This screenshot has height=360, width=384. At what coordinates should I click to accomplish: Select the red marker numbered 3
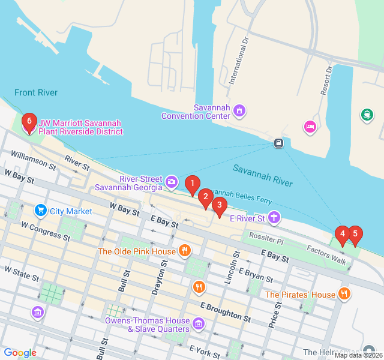coord(220,206)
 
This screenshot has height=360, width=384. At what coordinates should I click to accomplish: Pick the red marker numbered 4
coord(342,235)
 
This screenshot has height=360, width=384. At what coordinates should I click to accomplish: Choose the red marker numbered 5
coord(355,234)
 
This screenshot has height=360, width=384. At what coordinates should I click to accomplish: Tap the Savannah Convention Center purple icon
coord(240,110)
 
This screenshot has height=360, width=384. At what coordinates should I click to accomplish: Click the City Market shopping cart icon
coord(41,211)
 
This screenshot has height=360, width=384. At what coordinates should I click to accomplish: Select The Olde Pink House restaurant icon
coord(185,251)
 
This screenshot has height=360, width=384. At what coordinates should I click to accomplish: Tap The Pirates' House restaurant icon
coord(344,294)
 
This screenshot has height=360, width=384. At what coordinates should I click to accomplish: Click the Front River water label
coord(36,92)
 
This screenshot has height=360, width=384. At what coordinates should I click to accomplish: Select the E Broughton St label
coord(226,312)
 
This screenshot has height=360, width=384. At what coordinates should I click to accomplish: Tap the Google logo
coord(20,353)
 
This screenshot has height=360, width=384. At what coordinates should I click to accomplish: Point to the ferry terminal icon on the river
coord(278,143)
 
